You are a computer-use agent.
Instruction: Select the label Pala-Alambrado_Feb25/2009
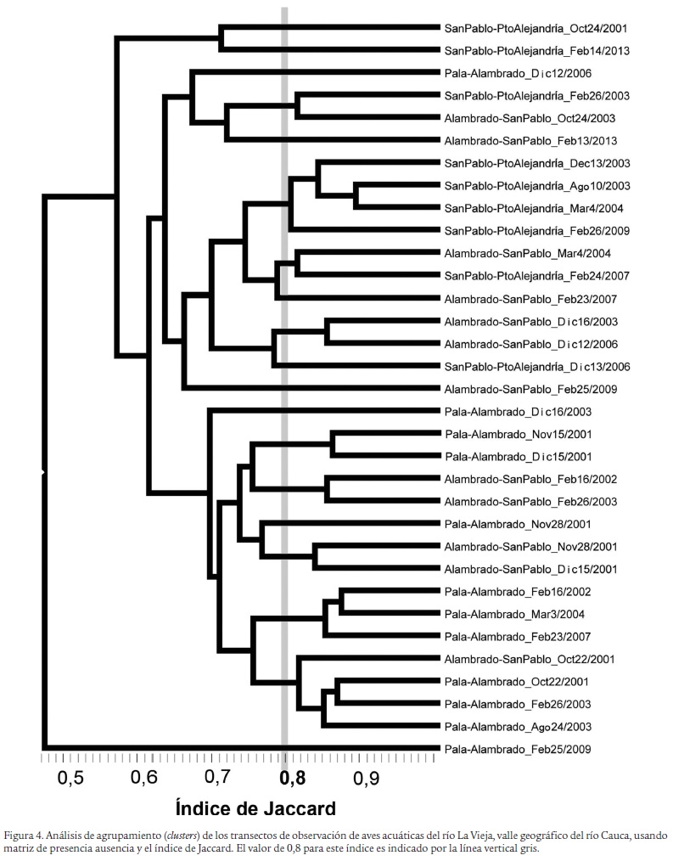pyautogui.click(x=519, y=749)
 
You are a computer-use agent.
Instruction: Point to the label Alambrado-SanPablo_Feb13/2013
pyautogui.click(x=530, y=140)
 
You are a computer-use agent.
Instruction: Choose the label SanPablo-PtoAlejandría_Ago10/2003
pyautogui.click(x=537, y=185)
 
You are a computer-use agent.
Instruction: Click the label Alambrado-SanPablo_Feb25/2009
pyautogui.click(x=530, y=389)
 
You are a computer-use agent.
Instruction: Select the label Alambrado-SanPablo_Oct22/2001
pyautogui.click(x=530, y=659)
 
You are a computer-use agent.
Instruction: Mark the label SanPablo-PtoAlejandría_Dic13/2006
pyautogui.click(x=536, y=367)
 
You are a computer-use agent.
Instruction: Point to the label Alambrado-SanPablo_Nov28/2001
pyautogui.click(x=530, y=546)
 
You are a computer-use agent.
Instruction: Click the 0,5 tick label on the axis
pyautogui.click(x=70, y=776)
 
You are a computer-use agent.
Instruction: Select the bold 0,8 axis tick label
pyautogui.click(x=291, y=776)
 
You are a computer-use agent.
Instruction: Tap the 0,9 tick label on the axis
pyautogui.click(x=366, y=776)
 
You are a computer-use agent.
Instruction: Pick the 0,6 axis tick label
pyautogui.click(x=145, y=776)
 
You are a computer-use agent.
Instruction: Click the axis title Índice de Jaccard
pyautogui.click(x=255, y=808)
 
